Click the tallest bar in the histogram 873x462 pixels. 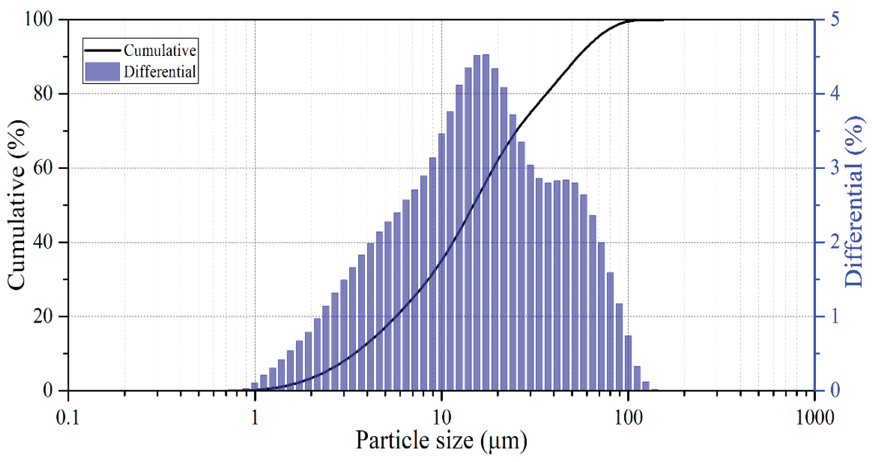tap(486, 221)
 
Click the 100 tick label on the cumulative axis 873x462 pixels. tap(38, 19)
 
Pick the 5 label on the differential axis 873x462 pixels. tap(835, 19)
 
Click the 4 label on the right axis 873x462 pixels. tap(835, 94)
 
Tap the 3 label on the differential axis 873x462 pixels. tap(835, 168)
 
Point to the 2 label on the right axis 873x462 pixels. tap(835, 242)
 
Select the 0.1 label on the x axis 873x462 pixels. tap(68, 418)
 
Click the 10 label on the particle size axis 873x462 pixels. tap(441, 418)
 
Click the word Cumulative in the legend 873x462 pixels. tap(160, 50)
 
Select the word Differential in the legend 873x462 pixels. tap(160, 72)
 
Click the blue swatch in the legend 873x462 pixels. tap(102, 72)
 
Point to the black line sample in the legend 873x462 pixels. tap(102, 50)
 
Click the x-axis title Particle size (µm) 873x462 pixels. tap(441, 441)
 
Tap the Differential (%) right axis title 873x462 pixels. tap(854, 202)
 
